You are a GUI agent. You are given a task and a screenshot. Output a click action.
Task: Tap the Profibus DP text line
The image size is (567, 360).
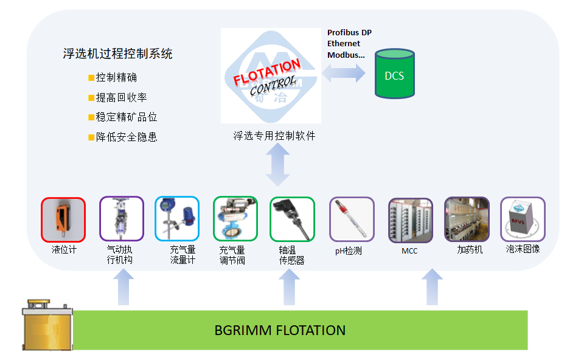(349, 32)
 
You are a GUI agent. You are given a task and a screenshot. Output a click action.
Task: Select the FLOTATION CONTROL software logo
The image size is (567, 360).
(270, 75)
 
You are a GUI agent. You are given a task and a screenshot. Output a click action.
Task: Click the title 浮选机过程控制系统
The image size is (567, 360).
(118, 54)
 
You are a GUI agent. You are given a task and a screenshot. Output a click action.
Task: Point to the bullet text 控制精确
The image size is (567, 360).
(116, 77)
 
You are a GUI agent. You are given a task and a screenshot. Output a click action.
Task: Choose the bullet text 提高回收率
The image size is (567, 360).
(121, 97)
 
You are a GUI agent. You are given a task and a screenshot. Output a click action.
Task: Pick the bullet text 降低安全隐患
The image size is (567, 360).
(127, 137)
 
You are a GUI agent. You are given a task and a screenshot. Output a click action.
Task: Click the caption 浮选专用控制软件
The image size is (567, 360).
(274, 136)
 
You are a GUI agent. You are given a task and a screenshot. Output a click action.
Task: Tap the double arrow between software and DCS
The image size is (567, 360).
(344, 74)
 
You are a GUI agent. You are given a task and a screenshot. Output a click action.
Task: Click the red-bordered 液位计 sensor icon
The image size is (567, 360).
(63, 219)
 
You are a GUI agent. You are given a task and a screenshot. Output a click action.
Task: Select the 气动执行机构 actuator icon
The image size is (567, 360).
(122, 219)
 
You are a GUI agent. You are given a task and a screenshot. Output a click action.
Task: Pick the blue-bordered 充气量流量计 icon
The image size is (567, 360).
(177, 219)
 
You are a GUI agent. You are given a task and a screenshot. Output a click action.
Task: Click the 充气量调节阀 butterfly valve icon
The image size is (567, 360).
(235, 219)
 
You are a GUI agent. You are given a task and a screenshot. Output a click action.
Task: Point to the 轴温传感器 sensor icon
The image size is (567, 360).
(292, 219)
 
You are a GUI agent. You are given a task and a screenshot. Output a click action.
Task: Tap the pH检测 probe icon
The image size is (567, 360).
(352, 219)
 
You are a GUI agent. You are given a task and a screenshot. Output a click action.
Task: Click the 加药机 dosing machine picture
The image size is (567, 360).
(467, 219)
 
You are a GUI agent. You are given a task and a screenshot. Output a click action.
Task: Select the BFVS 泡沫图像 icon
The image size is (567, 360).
(523, 219)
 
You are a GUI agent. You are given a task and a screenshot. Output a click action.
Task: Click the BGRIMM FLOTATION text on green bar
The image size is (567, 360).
(280, 331)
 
